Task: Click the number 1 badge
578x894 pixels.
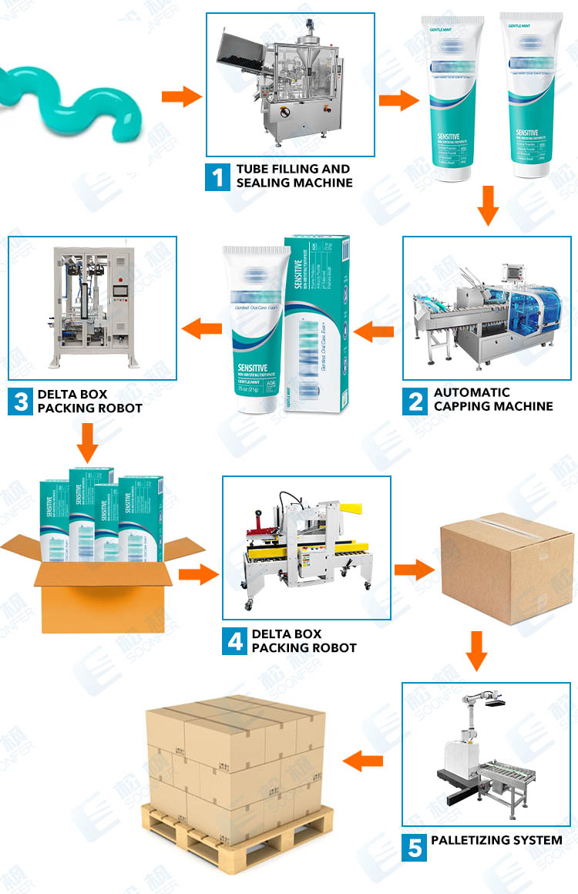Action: click(217, 176)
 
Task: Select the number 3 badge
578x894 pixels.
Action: click(20, 402)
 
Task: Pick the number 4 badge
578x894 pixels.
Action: click(235, 641)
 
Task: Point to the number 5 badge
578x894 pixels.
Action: click(415, 848)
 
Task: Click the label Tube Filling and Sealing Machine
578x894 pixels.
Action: click(294, 176)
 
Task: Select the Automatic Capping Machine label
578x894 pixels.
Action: click(493, 399)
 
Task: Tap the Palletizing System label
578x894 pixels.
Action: click(496, 839)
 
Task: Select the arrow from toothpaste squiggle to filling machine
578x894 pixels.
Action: click(180, 97)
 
